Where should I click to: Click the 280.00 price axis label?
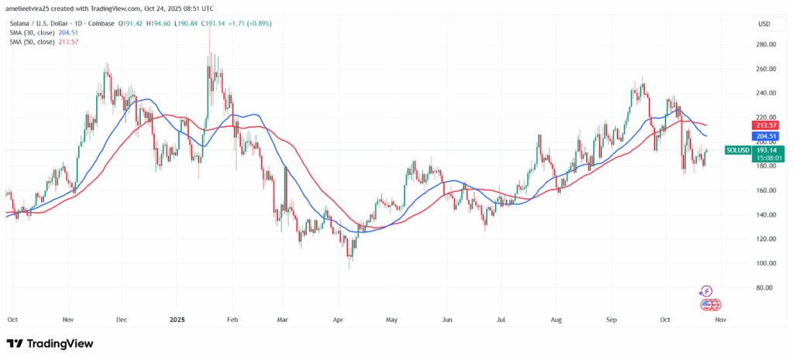click(766, 44)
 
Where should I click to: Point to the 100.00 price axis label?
click(766, 263)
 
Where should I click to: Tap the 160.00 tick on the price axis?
click(766, 190)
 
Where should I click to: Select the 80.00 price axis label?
click(765, 288)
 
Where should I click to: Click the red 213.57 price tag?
click(767, 125)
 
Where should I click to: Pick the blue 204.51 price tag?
click(767, 135)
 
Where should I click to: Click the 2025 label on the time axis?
click(177, 318)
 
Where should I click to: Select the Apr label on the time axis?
click(337, 318)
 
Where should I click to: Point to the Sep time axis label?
click(612, 318)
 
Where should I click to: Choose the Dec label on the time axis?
click(121, 318)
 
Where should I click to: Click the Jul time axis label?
click(501, 318)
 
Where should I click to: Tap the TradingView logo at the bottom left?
click(50, 343)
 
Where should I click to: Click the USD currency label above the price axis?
click(764, 24)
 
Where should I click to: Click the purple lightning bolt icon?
click(705, 292)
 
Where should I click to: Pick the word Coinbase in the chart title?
click(102, 24)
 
